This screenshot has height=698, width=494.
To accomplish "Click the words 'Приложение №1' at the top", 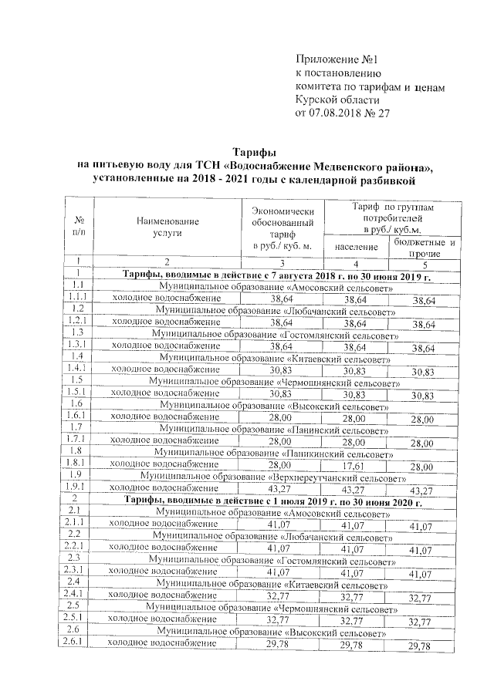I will pyautogui.click(x=340, y=60).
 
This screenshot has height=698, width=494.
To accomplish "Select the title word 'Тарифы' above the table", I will pyautogui.click(x=254, y=153).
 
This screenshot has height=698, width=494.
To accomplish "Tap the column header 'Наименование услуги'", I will pyautogui.click(x=167, y=227).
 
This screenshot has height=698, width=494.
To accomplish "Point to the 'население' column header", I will pyautogui.click(x=356, y=248).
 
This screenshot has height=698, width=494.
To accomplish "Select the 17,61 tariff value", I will pyautogui.click(x=353, y=466).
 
